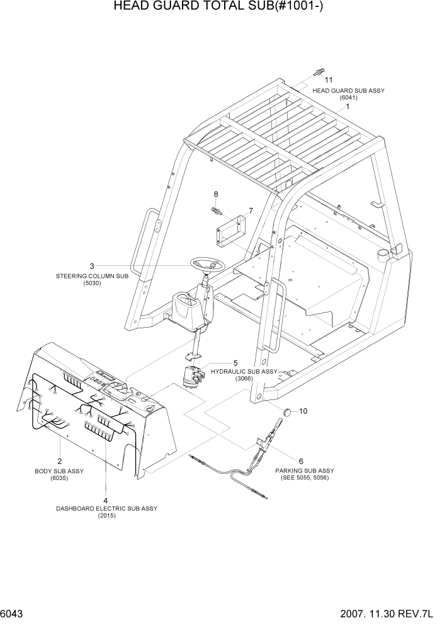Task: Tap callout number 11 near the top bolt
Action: (328, 80)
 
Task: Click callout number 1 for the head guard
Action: (346, 108)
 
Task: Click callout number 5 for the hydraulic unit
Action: (235, 363)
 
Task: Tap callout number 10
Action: (303, 411)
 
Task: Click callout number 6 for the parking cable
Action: (300, 461)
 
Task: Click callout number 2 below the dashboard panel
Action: (60, 461)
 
